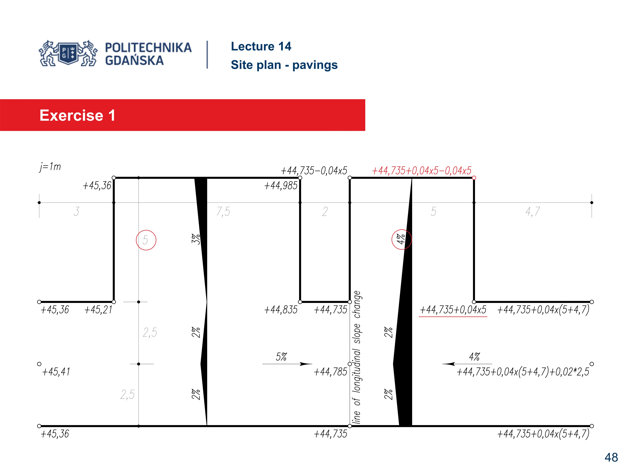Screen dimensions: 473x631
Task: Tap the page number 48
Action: [x=611, y=457]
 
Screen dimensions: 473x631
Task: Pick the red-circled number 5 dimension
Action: [x=146, y=240]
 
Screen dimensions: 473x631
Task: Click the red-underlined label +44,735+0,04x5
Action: [x=453, y=310]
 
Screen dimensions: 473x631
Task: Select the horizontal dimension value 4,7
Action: [x=532, y=212]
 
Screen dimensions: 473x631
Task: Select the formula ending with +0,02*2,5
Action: [x=523, y=372]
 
